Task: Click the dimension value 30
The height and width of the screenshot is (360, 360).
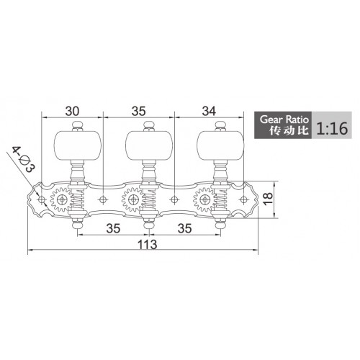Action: click(72, 111)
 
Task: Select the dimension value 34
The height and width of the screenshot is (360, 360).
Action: click(209, 111)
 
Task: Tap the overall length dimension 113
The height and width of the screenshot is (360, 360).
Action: click(147, 245)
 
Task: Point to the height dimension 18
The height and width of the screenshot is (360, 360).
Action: click(268, 199)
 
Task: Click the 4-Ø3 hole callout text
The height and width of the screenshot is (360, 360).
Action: click(24, 160)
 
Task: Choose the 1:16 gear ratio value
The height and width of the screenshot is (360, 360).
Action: click(332, 128)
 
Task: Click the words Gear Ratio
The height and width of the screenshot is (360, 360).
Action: click(284, 120)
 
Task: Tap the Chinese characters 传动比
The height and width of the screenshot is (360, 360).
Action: click(289, 130)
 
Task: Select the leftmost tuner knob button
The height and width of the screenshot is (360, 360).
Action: click(78, 145)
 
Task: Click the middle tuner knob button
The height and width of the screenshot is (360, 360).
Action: click(149, 145)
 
